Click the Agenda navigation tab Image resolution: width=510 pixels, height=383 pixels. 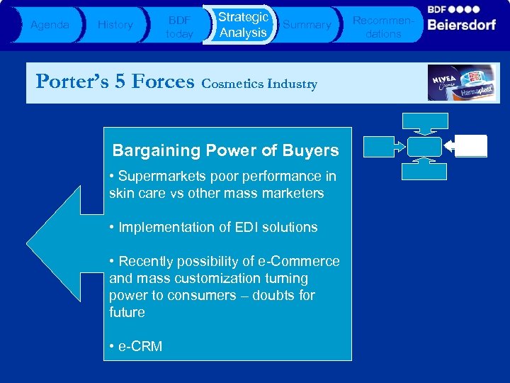[x=50, y=25]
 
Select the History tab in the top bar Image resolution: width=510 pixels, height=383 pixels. [x=115, y=25]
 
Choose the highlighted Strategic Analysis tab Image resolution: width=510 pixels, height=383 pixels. [x=242, y=25]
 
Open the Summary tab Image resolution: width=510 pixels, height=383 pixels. [x=307, y=25]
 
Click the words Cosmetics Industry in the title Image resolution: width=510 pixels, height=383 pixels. [x=259, y=84]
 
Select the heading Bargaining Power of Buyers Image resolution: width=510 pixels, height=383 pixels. [x=225, y=150]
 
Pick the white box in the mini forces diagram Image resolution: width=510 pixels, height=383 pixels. [x=471, y=145]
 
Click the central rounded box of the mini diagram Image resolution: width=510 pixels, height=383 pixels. [x=424, y=146]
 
